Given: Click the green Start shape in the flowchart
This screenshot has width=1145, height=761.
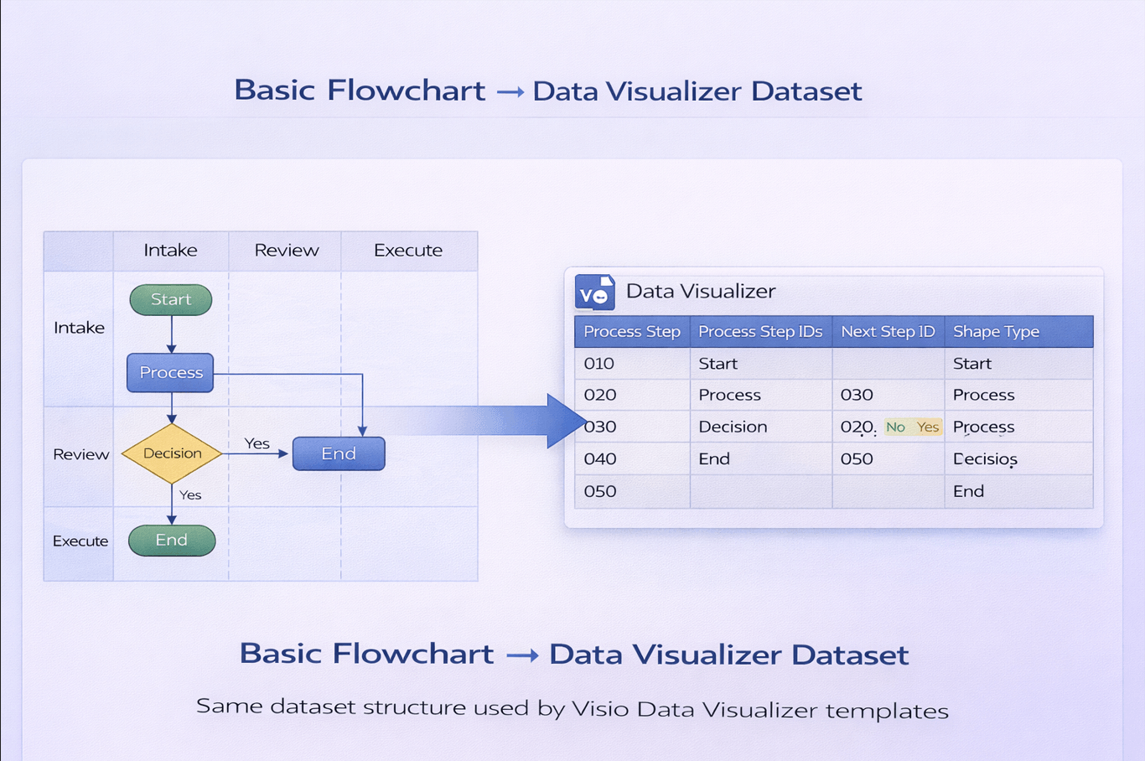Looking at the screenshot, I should click(171, 299).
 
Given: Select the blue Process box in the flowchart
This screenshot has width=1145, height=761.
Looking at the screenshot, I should click(170, 372).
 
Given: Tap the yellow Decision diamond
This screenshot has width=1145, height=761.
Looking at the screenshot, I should click(172, 453).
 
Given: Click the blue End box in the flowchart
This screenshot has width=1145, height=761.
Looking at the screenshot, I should click(339, 453).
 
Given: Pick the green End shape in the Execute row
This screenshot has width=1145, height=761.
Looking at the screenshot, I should click(172, 541).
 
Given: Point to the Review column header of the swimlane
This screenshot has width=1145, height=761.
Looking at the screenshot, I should click(286, 251).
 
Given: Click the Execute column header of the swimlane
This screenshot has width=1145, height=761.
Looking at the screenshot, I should click(408, 251).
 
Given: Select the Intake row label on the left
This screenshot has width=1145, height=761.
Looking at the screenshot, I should click(79, 328).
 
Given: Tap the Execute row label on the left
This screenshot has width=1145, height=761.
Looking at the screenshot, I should click(80, 541).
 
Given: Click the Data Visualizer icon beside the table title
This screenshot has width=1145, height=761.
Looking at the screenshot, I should click(595, 292).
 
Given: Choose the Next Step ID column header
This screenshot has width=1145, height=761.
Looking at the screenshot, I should click(888, 332).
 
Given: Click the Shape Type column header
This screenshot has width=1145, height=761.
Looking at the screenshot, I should click(996, 332).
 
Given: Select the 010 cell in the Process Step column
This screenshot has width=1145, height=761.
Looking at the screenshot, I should click(599, 364).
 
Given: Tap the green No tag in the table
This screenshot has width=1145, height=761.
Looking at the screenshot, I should click(895, 427).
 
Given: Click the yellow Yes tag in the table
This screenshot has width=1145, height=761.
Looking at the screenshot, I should click(928, 427).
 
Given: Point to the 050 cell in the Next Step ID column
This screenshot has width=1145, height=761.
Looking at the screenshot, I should click(857, 459).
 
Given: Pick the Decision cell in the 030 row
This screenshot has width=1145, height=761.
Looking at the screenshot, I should click(733, 427).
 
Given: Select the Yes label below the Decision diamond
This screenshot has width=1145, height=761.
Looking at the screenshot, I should click(190, 495).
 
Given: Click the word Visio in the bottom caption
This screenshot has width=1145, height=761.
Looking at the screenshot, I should click(600, 710).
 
